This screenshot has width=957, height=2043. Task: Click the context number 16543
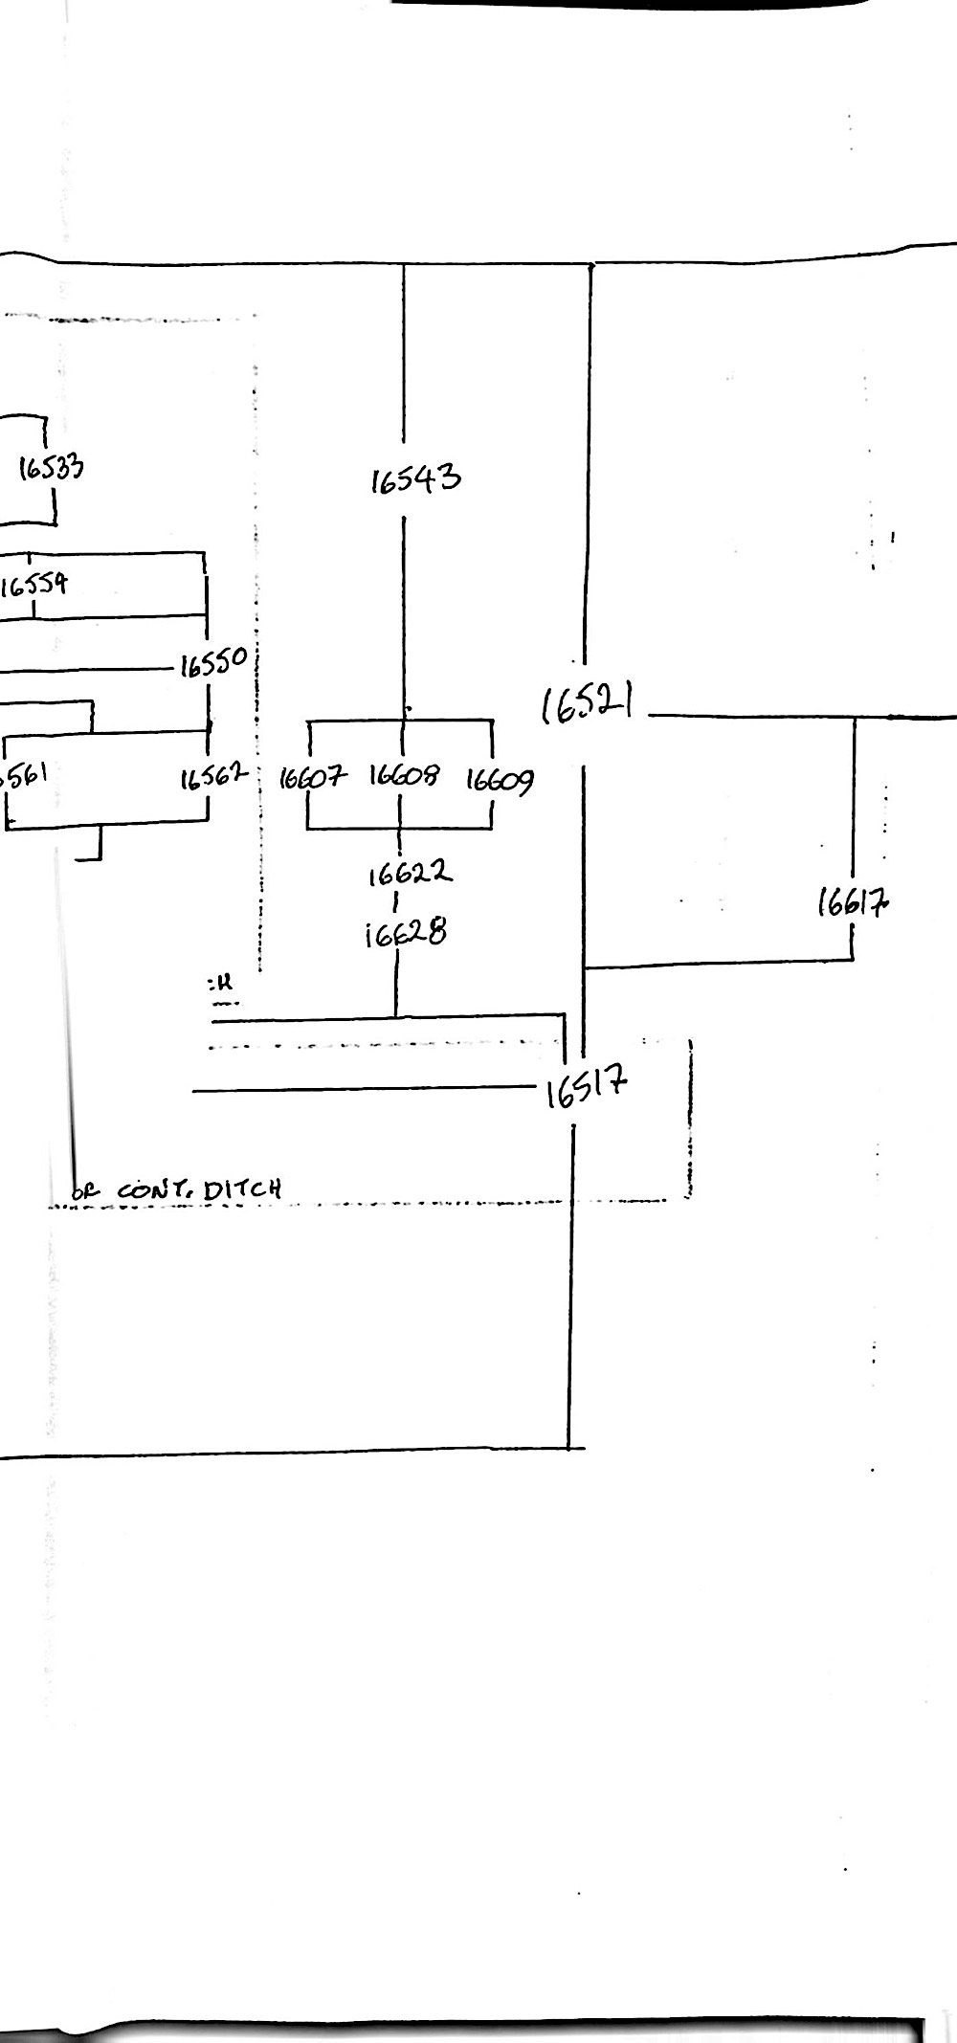[415, 478]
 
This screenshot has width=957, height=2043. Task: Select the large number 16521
[587, 705]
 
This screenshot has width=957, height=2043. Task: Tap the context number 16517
[587, 1087]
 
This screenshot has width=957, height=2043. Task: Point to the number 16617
[852, 902]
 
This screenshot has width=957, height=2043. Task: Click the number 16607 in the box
[312, 777]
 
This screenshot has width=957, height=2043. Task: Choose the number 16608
[404, 774]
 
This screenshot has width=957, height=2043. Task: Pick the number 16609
[500, 781]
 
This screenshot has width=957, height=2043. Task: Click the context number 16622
[410, 873]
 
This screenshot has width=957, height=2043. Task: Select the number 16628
[406, 933]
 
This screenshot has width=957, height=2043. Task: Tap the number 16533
[52, 467]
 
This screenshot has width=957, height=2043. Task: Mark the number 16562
[213, 777]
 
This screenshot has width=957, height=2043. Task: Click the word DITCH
[242, 1190]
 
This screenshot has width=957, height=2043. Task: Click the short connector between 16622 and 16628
[395, 901]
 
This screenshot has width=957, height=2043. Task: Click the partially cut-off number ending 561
[25, 774]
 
